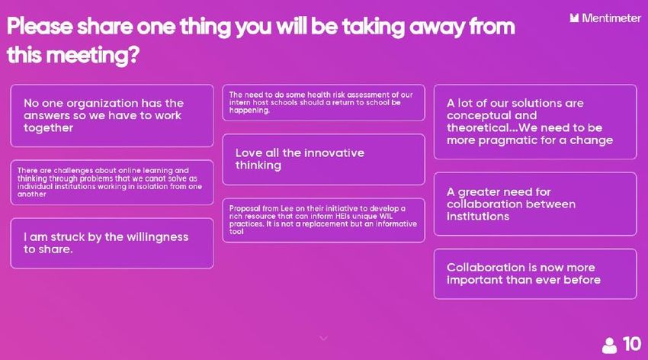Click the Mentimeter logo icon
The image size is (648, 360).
[x=574, y=18]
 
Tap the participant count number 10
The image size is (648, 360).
[x=632, y=344]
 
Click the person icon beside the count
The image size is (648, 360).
[x=609, y=345]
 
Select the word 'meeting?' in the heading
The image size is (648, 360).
[x=93, y=56]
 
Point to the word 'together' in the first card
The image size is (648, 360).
[x=48, y=128]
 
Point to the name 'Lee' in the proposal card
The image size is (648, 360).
[x=287, y=208]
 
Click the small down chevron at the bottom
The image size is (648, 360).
[x=323, y=338]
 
